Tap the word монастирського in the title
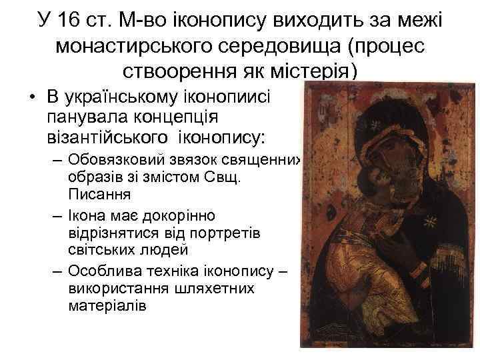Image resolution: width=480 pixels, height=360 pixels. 132,45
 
